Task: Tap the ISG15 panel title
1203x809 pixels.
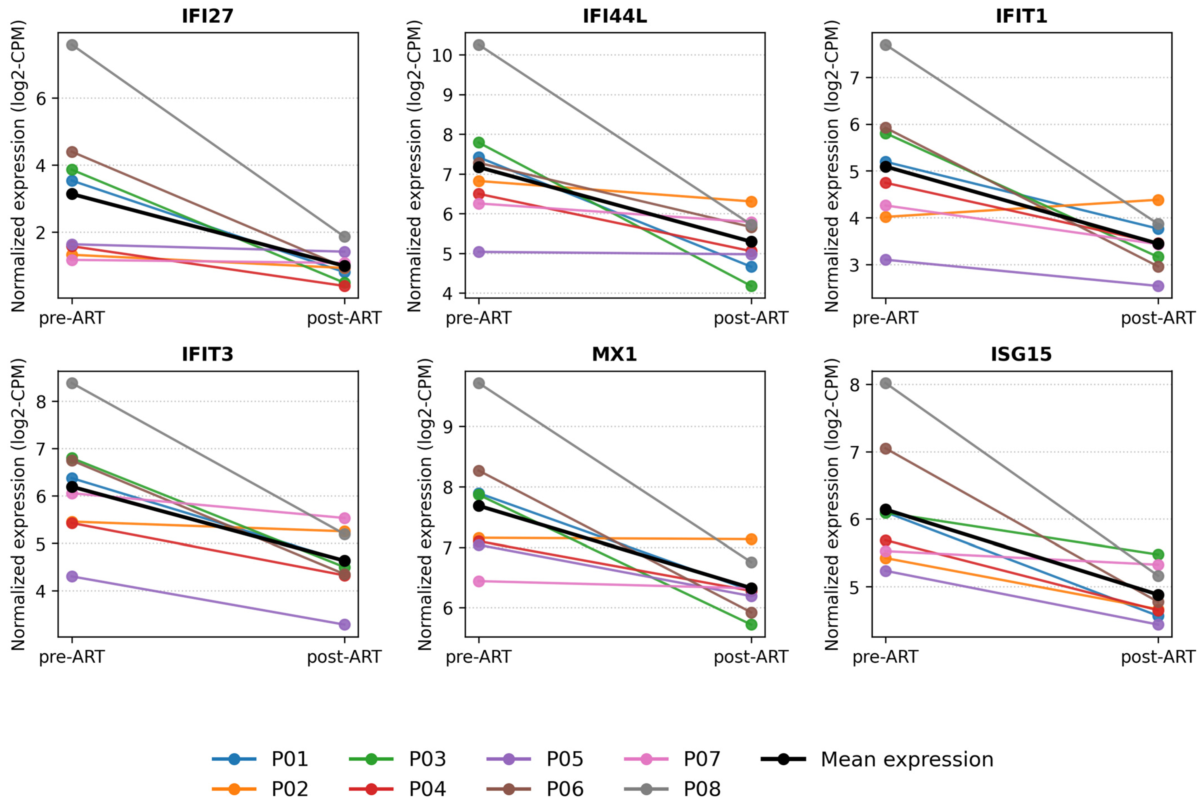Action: [x=1021, y=354]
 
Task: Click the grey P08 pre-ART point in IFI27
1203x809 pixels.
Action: [x=72, y=45]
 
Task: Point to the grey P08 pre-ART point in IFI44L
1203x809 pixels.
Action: [x=479, y=45]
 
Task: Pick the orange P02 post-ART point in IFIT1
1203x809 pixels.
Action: [x=1158, y=200]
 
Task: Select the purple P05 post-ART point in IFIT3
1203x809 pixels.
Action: [x=345, y=625]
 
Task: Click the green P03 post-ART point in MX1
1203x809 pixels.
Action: [x=751, y=625]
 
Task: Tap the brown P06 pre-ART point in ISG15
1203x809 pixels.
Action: [x=886, y=449]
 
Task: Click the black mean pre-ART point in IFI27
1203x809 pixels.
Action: [x=72, y=194]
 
